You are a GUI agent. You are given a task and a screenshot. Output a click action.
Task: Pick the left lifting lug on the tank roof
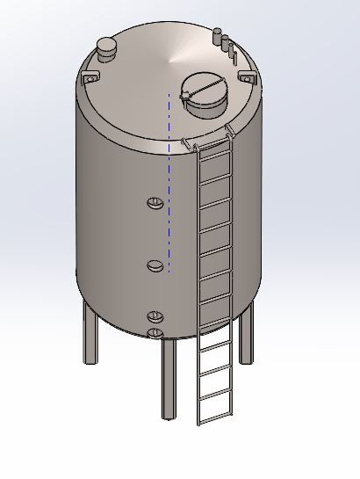(89, 79)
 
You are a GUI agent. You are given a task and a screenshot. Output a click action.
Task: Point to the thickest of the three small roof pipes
(218, 37)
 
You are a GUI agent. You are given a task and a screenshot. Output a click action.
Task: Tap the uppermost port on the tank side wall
(155, 204)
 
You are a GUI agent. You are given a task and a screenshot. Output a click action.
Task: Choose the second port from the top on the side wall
(155, 265)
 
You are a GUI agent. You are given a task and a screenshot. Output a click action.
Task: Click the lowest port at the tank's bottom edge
(155, 332)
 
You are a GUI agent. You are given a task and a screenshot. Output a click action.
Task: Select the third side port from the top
(155, 316)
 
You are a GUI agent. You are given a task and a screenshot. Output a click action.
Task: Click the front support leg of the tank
(168, 378)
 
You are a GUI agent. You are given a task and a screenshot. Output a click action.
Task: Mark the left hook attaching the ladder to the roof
(186, 142)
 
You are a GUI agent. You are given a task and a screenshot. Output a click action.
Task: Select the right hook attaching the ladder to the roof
(230, 132)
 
